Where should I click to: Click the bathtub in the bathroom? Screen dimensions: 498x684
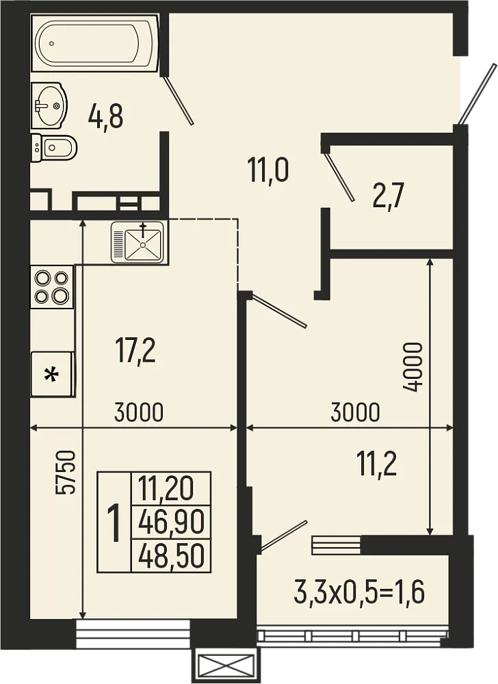94,42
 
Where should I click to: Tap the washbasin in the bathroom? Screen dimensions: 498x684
49,105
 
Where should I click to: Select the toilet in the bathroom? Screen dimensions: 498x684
53,148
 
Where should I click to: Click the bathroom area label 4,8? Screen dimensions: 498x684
105,117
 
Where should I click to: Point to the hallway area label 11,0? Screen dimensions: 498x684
267,170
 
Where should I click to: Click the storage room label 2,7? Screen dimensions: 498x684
389,196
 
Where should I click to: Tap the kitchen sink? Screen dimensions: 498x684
137,242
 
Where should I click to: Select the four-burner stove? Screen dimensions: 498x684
52,286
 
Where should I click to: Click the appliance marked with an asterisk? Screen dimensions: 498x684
52,374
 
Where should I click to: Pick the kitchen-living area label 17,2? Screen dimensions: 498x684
135,352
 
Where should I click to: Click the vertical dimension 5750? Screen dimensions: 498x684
66,473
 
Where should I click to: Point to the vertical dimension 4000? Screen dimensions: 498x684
412,367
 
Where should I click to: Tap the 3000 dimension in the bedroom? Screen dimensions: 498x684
356,412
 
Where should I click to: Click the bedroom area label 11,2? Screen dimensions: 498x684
376,464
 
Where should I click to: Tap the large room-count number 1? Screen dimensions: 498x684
114,523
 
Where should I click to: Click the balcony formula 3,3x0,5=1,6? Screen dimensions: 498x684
359,592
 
